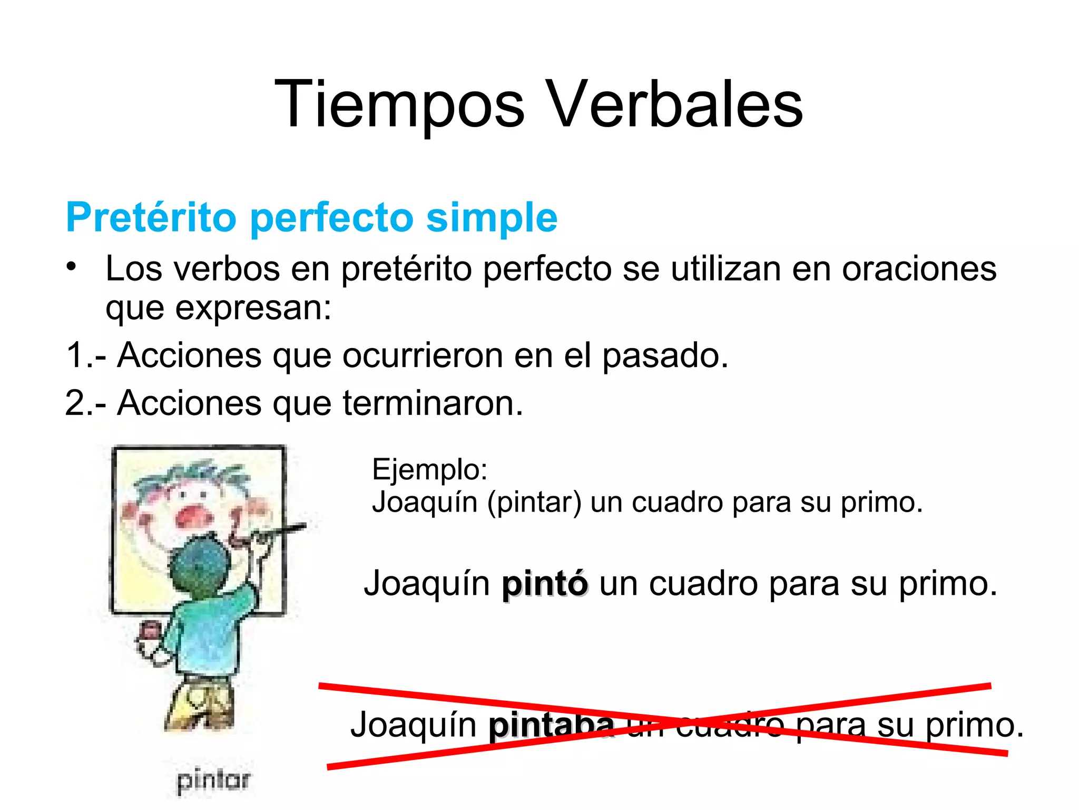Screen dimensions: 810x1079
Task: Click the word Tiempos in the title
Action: pyautogui.click(x=399, y=104)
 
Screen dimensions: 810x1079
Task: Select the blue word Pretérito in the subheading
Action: pyautogui.click(x=151, y=217)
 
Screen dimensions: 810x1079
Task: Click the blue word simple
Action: pyautogui.click(x=491, y=217)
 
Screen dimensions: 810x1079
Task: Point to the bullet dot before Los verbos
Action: pyautogui.click(x=72, y=266)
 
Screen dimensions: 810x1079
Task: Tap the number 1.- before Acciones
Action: pyautogui.click(x=86, y=355)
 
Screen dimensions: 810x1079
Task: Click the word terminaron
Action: pyautogui.click(x=433, y=403)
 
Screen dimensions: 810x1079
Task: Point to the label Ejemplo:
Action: pyautogui.click(x=429, y=469)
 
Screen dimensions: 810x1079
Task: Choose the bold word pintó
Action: pyautogui.click(x=544, y=584)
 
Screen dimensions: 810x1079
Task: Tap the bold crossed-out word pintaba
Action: pyautogui.click(x=551, y=725)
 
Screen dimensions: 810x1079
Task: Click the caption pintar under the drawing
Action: pyautogui.click(x=213, y=780)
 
